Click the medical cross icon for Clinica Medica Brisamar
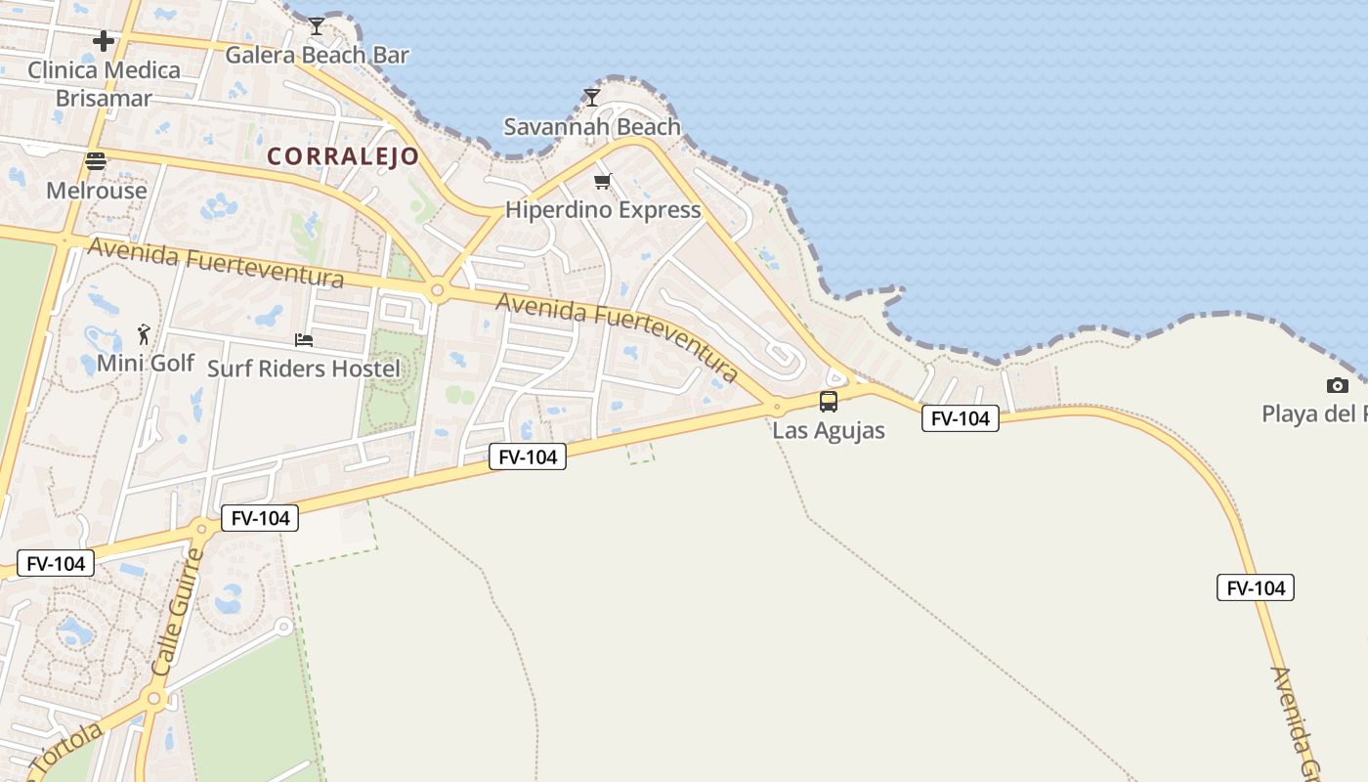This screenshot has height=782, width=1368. [104, 41]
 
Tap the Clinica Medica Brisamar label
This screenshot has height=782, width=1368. [104, 84]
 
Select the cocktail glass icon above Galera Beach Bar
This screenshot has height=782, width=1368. [316, 26]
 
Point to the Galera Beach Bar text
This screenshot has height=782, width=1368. [317, 55]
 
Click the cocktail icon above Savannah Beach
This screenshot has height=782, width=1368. [591, 97]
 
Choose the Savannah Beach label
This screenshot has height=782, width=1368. [591, 126]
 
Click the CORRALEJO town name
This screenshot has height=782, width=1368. [343, 156]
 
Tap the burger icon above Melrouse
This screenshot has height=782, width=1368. [96, 161]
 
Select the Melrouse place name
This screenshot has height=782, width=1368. [97, 190]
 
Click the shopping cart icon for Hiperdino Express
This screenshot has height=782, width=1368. [603, 181]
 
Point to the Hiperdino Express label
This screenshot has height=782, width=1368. [603, 209]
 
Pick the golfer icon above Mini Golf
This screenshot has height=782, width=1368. [145, 334]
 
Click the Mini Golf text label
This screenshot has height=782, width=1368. [146, 363]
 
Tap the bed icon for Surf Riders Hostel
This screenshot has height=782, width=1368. [304, 340]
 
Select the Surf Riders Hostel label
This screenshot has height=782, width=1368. [304, 369]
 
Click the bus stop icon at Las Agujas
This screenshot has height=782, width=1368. [829, 402]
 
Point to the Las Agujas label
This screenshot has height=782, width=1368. [829, 430]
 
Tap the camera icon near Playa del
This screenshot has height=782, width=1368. [1338, 386]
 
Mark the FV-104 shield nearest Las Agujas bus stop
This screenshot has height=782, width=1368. [960, 418]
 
